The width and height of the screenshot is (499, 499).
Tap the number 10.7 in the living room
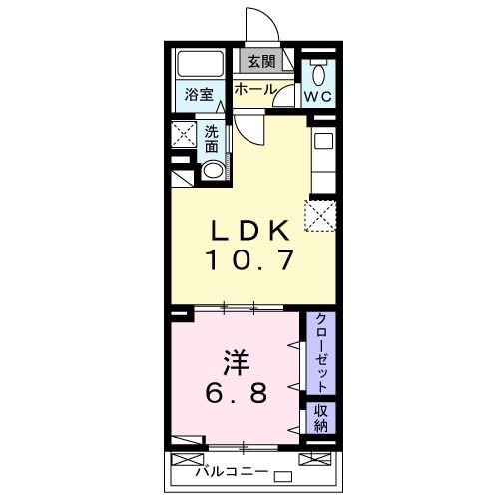pos(249,261)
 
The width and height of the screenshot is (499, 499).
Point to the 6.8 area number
pos(236,393)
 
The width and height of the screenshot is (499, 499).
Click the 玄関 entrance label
pos(261,62)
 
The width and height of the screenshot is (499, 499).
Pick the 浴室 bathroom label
pos(199,96)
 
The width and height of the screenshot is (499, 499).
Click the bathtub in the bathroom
pos(200,68)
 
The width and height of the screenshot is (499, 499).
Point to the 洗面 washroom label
pos(213,138)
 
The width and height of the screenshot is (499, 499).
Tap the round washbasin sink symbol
pos(212,170)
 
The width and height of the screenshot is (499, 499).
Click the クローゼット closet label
pos(322,353)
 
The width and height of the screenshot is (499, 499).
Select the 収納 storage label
pos(322,418)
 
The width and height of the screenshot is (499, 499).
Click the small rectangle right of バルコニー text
pos(282,474)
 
